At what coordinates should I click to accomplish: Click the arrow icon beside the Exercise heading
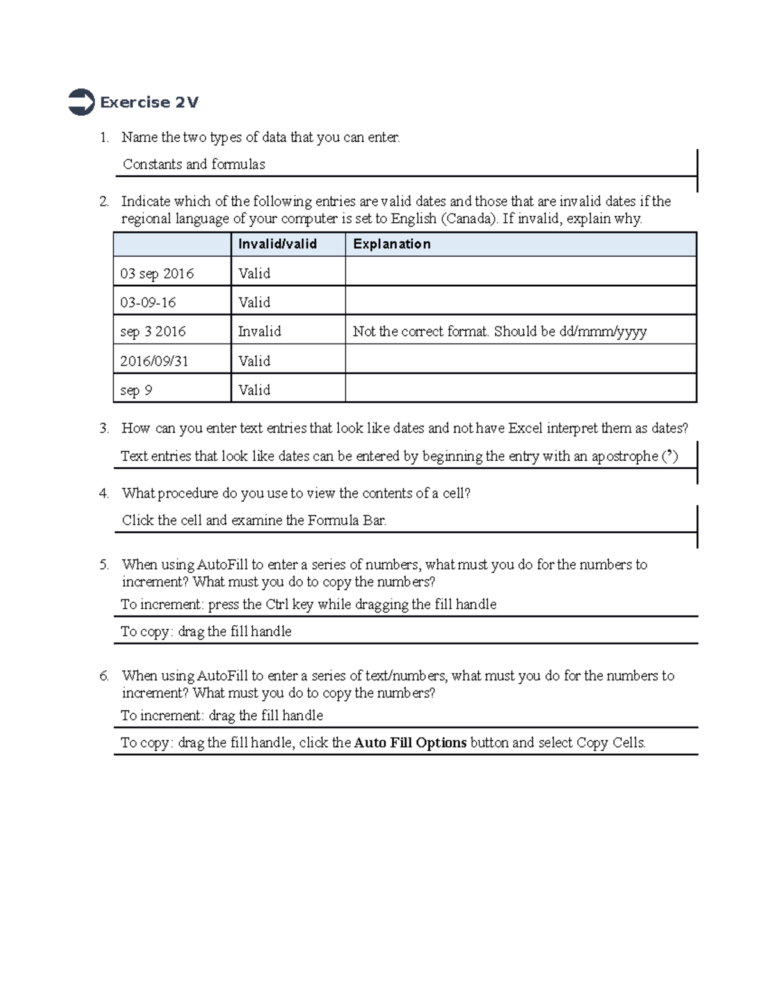click(x=81, y=102)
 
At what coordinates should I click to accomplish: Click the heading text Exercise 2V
click(x=149, y=102)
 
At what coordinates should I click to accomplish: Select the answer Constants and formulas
click(x=194, y=164)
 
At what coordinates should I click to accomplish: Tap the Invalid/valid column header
click(x=277, y=244)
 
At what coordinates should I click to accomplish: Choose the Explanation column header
click(x=392, y=244)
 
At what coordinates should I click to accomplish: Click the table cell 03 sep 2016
click(x=157, y=273)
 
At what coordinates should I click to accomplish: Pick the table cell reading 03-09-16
click(x=148, y=302)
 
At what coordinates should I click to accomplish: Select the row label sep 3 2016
click(x=153, y=332)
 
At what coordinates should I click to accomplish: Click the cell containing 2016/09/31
click(x=154, y=361)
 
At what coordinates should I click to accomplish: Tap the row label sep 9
click(x=136, y=390)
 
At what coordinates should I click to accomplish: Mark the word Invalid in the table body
click(x=259, y=332)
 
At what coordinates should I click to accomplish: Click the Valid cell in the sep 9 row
click(x=254, y=390)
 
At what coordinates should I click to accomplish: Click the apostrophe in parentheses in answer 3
click(x=669, y=456)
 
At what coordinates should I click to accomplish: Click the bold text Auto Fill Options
click(x=410, y=743)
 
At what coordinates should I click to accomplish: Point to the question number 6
click(x=104, y=676)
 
